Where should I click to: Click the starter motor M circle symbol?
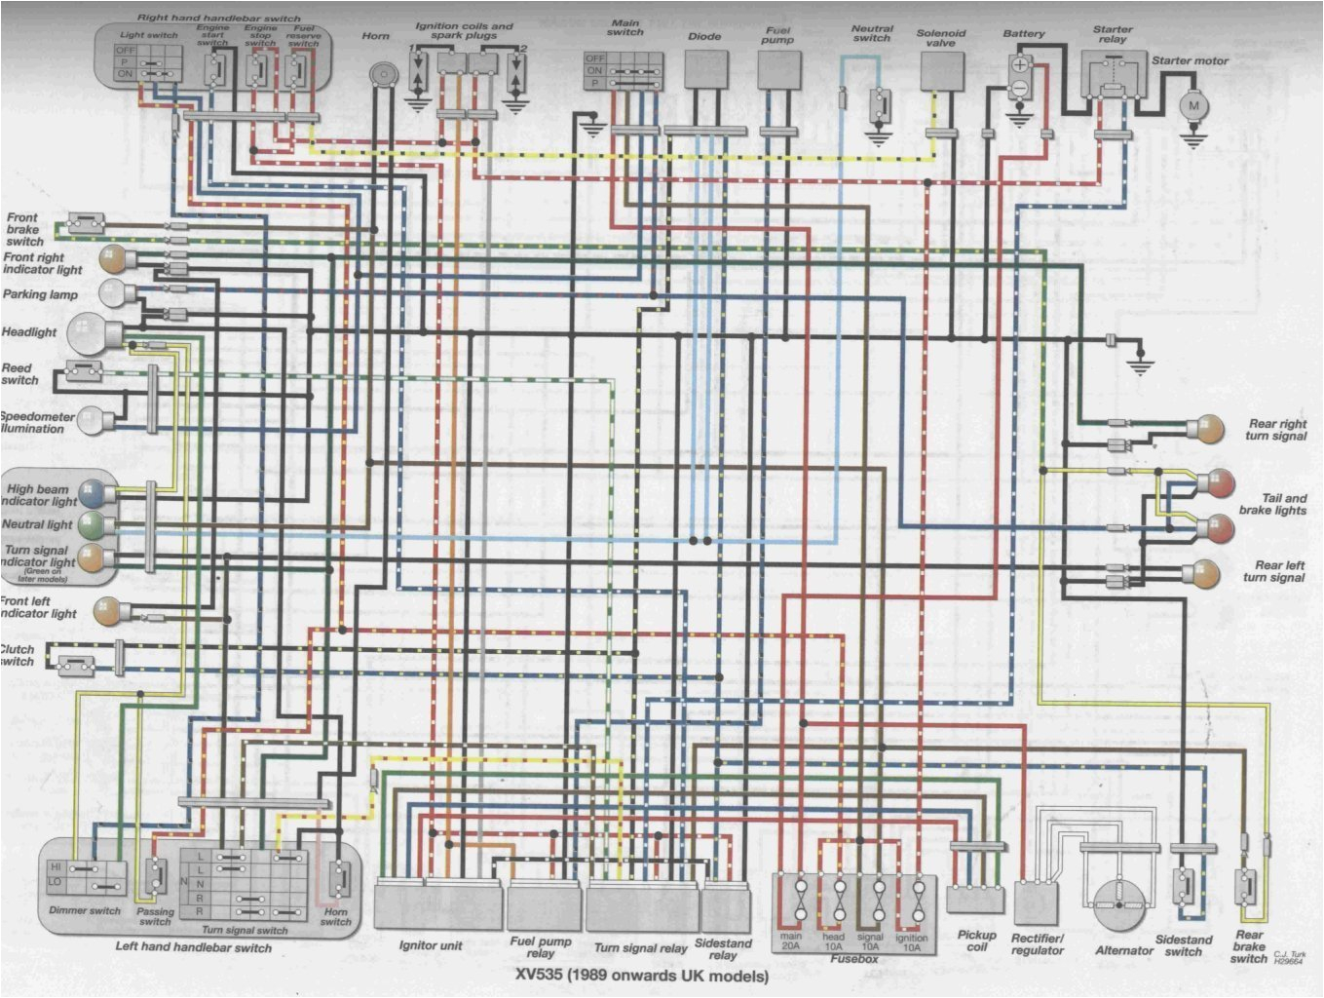1192,104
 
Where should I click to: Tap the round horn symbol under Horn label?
384,73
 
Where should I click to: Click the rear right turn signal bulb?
1208,429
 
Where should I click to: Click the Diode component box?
705,69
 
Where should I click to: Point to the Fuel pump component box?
779,69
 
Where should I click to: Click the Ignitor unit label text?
431,945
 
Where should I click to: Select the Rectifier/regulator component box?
1037,903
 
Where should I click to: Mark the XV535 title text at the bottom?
642,976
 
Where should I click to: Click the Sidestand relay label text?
723,949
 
